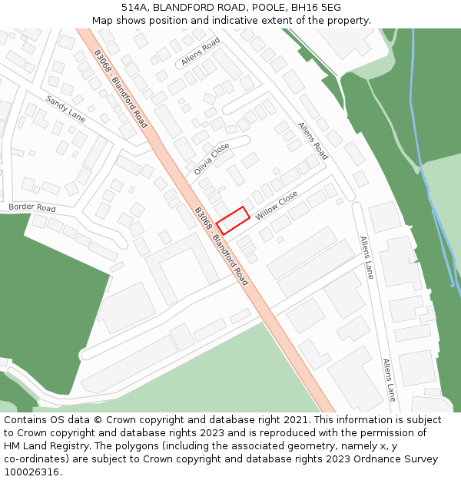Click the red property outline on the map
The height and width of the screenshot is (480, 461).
[234, 220]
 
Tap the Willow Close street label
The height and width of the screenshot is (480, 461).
[277, 206]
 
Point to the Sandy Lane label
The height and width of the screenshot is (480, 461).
[65, 109]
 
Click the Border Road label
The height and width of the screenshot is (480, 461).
[32, 208]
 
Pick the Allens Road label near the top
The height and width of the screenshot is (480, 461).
[201, 51]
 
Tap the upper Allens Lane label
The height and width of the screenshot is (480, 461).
[367, 257]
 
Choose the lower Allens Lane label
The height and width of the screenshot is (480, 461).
[389, 379]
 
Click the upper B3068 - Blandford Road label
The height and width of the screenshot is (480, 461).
[120, 88]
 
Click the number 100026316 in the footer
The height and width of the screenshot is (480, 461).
[32, 472]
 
